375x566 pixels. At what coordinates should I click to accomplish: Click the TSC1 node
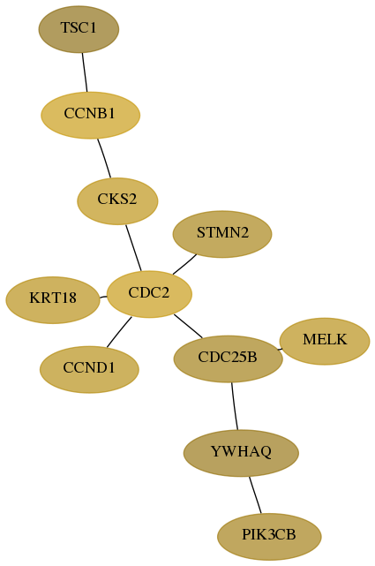pos(79,29)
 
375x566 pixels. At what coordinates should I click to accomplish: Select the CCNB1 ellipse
pos(90,115)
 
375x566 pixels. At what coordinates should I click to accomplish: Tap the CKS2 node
pos(117,201)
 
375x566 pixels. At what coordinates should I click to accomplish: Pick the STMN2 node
pos(222,234)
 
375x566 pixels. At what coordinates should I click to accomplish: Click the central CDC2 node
pos(149,294)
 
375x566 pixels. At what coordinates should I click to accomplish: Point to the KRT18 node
pos(53,300)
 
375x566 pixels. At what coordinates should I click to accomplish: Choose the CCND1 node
pos(89,369)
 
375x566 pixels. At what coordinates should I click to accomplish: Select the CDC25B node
pos(228,358)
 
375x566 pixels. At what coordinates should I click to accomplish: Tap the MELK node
pos(325,341)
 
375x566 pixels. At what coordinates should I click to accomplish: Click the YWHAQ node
pos(241,453)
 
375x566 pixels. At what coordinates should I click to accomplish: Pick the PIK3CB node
pos(269,536)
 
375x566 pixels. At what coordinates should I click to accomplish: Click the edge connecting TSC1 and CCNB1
pos(85,72)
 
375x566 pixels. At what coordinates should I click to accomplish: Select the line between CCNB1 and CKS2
pos(104,158)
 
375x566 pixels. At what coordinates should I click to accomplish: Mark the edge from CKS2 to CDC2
pos(133,247)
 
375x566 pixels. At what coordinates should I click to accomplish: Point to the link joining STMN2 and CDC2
pos(184,264)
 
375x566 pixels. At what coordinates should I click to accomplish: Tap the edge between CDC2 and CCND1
pos(119,332)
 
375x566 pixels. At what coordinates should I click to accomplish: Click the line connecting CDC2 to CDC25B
pos(188,327)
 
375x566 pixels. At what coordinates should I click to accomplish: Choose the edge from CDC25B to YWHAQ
pos(235,406)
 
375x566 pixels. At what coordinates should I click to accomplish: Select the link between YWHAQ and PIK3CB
pos(255,494)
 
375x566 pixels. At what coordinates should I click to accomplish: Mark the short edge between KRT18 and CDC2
pos(103,297)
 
